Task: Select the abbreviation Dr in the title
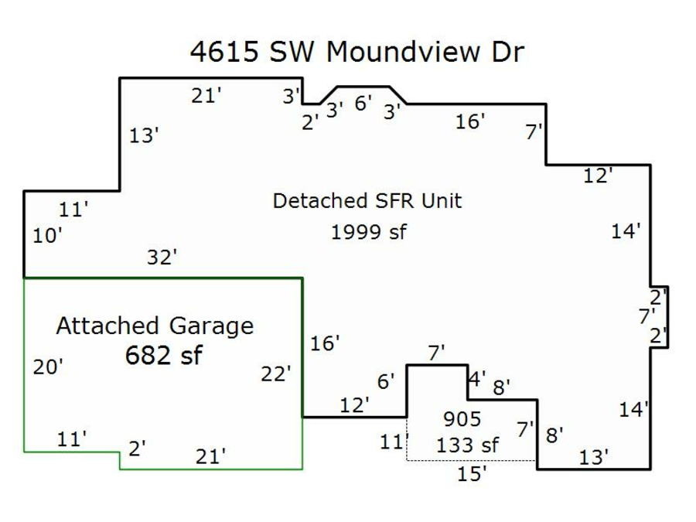507,53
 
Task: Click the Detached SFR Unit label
367,201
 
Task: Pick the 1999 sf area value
369,231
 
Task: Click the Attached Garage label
155,326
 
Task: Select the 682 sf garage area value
163,355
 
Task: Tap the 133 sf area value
467,445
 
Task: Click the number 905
462,419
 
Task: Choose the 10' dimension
47,236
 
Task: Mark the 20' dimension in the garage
48,367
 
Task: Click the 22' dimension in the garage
276,374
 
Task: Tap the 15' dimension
471,474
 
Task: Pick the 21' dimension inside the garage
210,456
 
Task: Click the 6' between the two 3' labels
363,103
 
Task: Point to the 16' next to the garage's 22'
325,343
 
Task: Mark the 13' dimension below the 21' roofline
144,135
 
